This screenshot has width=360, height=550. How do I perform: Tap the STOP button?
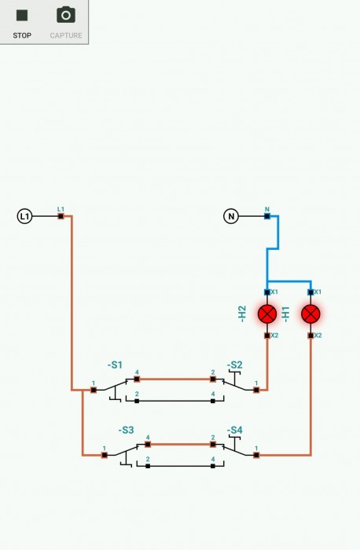[x=22, y=22]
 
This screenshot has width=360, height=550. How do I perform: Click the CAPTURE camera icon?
[x=66, y=15]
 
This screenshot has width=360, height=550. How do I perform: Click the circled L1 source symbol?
[x=24, y=216]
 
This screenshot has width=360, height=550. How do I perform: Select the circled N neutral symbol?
[x=231, y=216]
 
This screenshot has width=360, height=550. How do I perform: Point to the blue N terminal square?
[x=267, y=216]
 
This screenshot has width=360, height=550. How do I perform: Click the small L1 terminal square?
[x=61, y=216]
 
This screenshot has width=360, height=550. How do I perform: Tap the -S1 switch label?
[x=115, y=365]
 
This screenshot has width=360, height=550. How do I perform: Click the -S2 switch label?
[x=235, y=365]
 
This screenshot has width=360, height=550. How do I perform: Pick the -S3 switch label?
[x=126, y=430]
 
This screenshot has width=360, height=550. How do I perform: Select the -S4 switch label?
[x=235, y=430]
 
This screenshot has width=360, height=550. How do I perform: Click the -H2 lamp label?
[x=242, y=314]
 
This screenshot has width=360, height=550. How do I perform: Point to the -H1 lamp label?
[x=285, y=314]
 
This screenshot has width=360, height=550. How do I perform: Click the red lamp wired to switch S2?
[x=267, y=314]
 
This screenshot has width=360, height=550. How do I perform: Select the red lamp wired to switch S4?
[x=310, y=314]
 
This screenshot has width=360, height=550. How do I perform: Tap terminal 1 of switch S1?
[x=94, y=390]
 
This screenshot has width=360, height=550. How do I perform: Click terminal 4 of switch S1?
[x=137, y=379]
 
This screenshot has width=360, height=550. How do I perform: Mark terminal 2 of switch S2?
[x=213, y=379]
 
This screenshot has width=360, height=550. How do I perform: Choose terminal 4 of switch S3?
[x=148, y=444]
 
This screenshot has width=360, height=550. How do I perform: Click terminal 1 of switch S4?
[x=256, y=455]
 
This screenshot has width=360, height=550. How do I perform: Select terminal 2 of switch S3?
[x=148, y=466]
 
